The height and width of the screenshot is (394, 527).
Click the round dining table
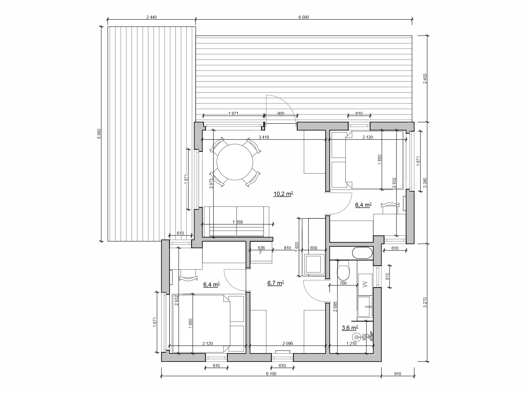pos(235,162)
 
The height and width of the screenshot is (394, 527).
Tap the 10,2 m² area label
pos(283,194)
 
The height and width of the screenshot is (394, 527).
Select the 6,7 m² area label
pos(276,283)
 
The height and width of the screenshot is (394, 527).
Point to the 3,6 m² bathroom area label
pos(350,328)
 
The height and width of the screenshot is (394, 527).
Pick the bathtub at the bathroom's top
pos(362,253)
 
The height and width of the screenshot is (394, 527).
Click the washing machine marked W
pos(365,284)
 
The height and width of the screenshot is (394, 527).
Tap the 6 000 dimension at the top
pos(303,17)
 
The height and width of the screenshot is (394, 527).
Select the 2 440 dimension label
pos(151,17)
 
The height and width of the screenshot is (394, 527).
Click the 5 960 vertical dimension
pos(99,133)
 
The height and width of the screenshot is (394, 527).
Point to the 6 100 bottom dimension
pos(271,374)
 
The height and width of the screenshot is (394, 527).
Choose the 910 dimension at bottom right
pos(398,374)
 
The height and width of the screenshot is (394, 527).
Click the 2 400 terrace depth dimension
pos(425,79)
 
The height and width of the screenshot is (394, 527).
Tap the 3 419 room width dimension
pos(264,137)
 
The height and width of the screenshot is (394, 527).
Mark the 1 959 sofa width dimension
pos(237,222)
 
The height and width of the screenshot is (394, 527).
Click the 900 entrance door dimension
pos(281,113)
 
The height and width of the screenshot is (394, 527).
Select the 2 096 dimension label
pos(287,343)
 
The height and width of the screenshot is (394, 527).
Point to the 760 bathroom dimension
pos(343,283)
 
